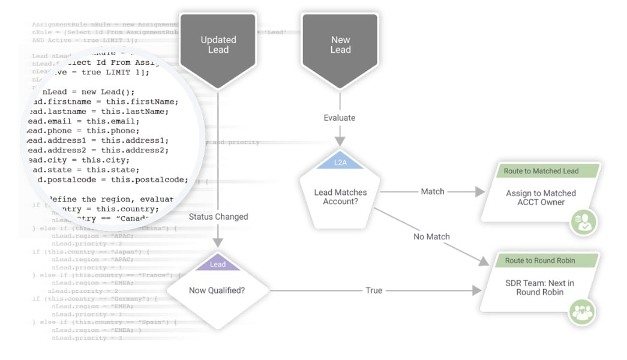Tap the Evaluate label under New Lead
click(340, 118)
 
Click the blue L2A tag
click(340, 163)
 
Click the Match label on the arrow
click(432, 191)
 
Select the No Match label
click(431, 236)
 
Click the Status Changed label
click(218, 217)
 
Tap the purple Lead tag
click(218, 264)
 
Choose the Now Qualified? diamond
click(218, 290)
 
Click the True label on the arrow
click(374, 290)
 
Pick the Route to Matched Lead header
click(541, 171)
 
